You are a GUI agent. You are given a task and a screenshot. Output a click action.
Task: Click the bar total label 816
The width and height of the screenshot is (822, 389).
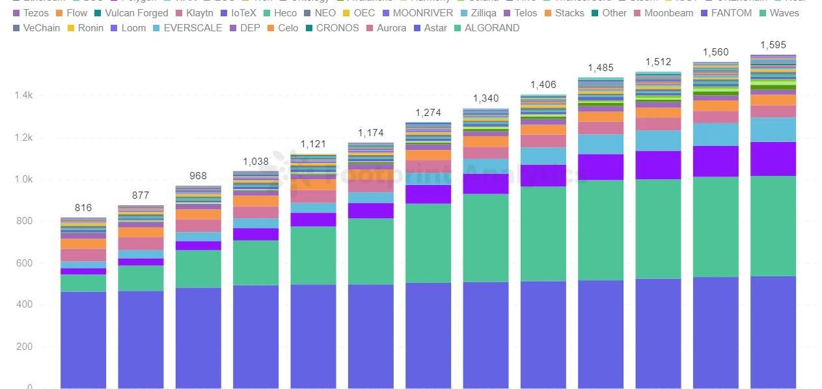83,208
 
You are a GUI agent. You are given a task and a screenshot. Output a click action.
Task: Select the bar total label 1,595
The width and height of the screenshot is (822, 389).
773,45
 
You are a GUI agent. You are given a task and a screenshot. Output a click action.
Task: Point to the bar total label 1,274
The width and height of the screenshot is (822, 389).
428,113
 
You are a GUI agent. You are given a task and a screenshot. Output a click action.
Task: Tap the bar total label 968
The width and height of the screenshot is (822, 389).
199,176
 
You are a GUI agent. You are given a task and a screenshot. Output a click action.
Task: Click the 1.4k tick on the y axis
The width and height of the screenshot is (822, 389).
24,96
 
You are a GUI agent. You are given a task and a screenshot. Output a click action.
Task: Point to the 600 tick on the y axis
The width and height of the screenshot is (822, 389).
24,263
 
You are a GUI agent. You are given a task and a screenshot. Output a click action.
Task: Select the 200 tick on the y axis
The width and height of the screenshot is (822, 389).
24,347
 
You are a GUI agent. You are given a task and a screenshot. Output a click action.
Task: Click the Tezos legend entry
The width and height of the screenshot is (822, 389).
35,13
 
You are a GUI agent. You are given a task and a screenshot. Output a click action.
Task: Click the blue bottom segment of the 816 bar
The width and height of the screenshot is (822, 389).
83,339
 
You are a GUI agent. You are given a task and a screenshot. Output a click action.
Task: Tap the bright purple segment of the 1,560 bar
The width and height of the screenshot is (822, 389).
715,161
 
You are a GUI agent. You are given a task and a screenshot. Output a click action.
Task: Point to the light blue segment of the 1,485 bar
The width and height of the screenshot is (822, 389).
601,144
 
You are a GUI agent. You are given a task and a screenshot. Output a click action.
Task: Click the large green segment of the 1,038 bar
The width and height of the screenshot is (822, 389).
256,263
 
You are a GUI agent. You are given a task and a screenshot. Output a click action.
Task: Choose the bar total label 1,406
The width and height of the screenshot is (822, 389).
543,85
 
